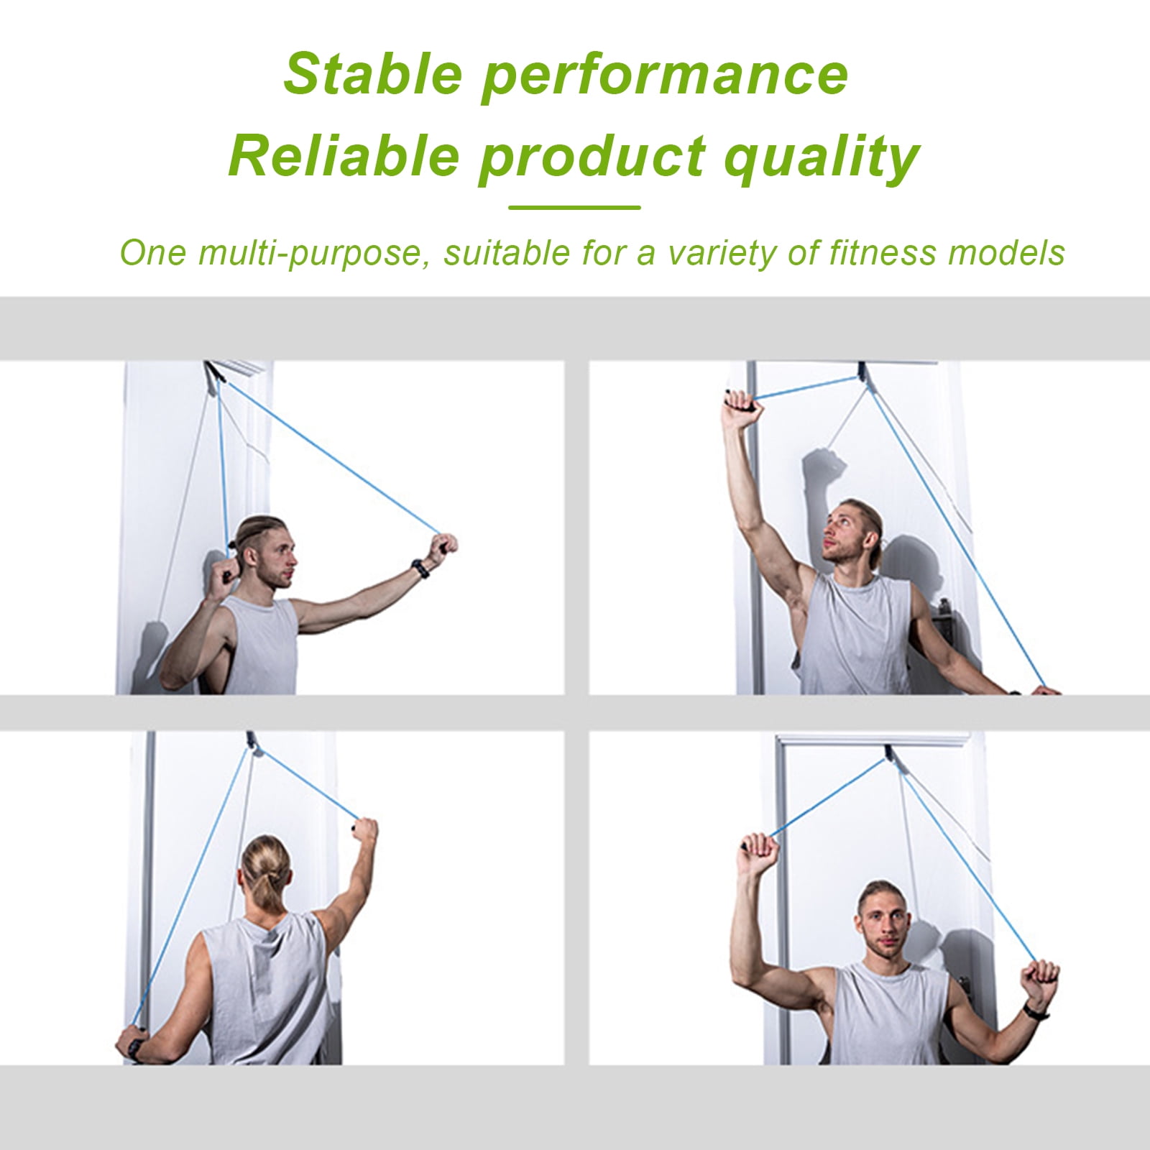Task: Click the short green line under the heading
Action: tap(574, 208)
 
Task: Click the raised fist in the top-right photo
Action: tap(735, 402)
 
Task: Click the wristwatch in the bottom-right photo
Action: tap(1032, 1010)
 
